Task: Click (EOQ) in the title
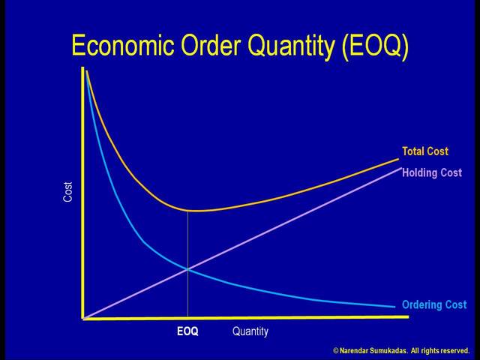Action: (375, 46)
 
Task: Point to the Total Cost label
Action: (425, 151)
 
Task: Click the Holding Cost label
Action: (432, 173)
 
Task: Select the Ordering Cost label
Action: (434, 305)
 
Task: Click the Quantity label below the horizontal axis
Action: (250, 331)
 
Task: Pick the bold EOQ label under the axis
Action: (187, 331)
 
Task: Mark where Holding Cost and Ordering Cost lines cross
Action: (187, 269)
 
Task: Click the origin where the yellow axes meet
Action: (84, 319)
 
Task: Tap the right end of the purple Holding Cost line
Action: (400, 167)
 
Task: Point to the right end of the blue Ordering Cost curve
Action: (394, 306)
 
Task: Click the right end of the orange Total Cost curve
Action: (398, 159)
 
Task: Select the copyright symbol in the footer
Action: (335, 351)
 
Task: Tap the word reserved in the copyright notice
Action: (452, 351)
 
